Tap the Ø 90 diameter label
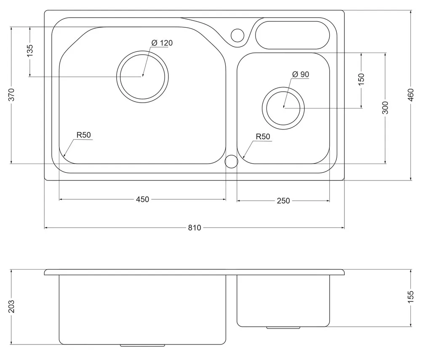(x=300, y=74)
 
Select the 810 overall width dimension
(x=195, y=228)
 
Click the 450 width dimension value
(x=143, y=199)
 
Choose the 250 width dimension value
(x=283, y=201)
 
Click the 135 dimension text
(x=30, y=50)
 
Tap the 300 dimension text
(x=385, y=108)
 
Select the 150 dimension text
(x=361, y=79)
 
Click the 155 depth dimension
(x=411, y=296)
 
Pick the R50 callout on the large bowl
(x=83, y=135)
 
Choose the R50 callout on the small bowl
(x=263, y=137)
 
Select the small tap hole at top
(x=237, y=35)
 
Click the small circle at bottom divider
(x=231, y=161)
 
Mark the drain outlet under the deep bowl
(x=142, y=345)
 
